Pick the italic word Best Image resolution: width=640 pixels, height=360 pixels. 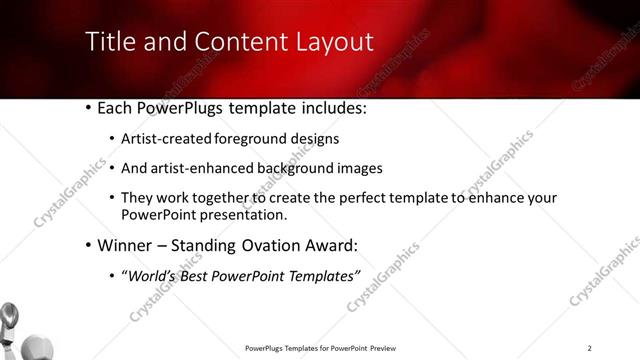[197, 275]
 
